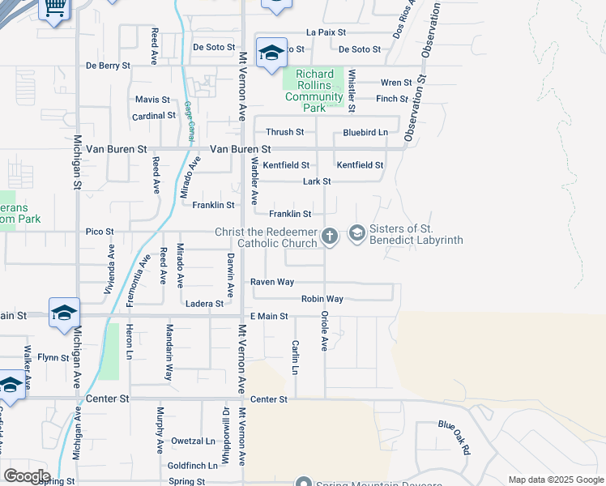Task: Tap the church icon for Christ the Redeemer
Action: (x=329, y=236)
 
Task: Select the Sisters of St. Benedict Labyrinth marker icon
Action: (x=356, y=233)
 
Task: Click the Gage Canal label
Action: (x=189, y=122)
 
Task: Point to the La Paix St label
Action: (x=326, y=32)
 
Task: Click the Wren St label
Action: (x=396, y=82)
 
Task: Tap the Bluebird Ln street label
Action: (x=365, y=132)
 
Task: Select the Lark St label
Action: (x=316, y=181)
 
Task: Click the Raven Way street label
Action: (x=271, y=282)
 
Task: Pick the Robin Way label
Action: (x=322, y=299)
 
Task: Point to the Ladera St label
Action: (x=204, y=304)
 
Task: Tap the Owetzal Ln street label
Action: (x=191, y=441)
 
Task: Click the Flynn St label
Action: (x=53, y=356)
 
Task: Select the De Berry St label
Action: (x=108, y=66)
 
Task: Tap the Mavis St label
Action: (x=152, y=100)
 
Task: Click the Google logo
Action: (x=26, y=476)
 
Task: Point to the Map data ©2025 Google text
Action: (x=555, y=480)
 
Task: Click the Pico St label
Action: (x=100, y=232)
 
